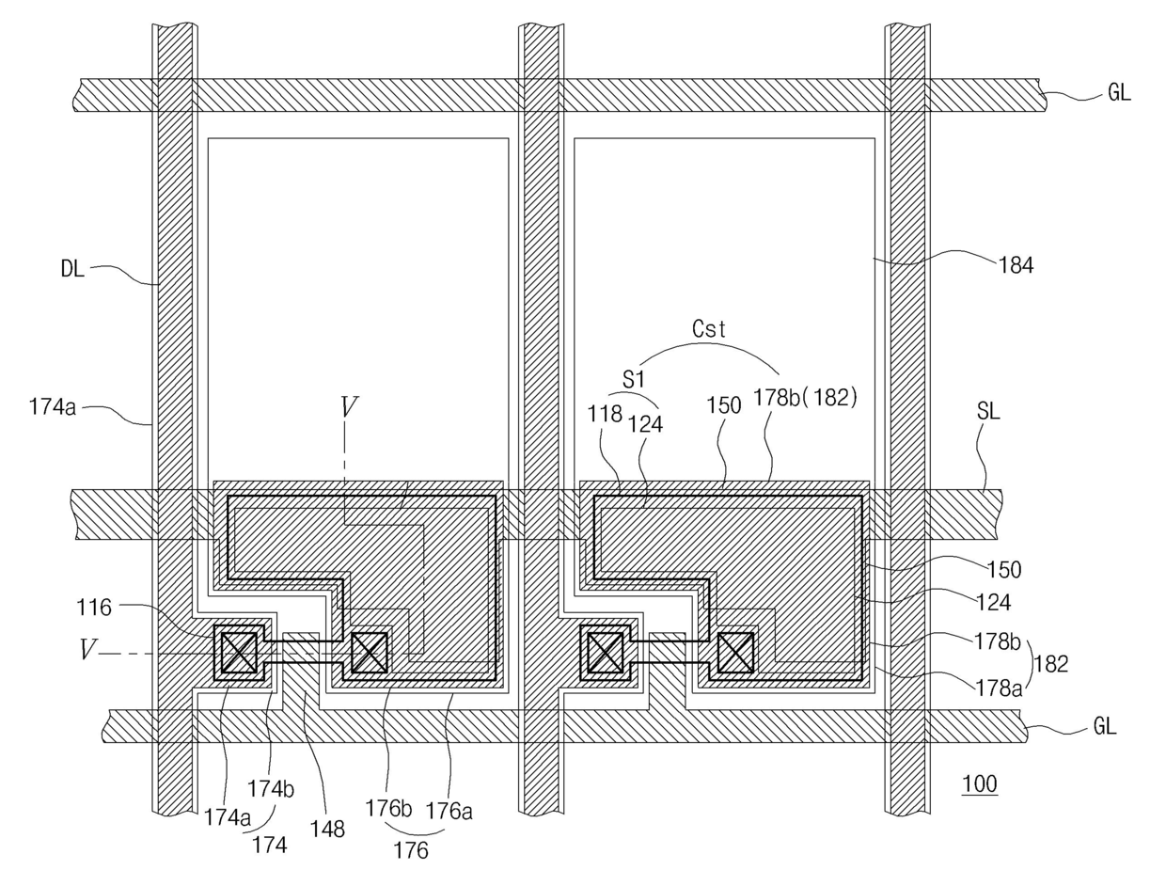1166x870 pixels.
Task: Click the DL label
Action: [x=72, y=270]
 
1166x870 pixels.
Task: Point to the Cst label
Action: [x=710, y=329]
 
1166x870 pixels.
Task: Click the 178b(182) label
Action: [x=806, y=398]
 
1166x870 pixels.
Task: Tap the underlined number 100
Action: [x=980, y=784]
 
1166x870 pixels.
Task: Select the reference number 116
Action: [x=94, y=608]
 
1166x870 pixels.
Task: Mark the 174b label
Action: [x=271, y=789]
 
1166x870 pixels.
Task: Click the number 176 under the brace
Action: [x=411, y=851]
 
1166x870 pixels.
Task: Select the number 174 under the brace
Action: [x=270, y=845]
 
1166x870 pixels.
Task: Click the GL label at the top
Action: [x=1118, y=93]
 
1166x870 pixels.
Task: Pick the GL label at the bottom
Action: [x=1104, y=727]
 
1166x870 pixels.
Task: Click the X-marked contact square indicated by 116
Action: [x=238, y=652]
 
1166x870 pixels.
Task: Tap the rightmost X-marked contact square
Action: [x=735, y=652]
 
